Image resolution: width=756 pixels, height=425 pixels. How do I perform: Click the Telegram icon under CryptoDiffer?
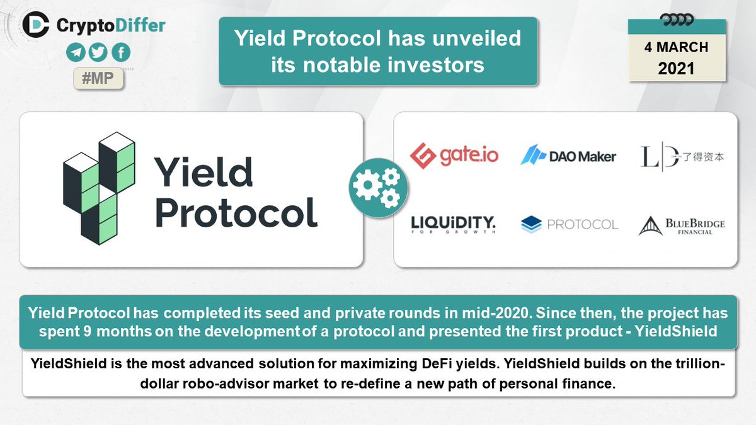pos(76,53)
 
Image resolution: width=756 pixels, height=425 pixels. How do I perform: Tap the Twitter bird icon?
pos(98,53)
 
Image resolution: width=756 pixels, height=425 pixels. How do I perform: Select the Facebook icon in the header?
pos(120,53)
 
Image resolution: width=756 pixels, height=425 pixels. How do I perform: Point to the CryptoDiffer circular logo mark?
pos(36,25)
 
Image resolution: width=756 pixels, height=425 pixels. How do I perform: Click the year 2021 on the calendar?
pos(676,68)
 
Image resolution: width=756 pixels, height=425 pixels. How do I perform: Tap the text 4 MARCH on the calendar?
pos(676,47)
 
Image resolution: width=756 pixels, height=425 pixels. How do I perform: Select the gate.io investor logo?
pos(454,155)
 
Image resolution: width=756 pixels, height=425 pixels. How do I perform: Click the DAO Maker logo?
pos(568,156)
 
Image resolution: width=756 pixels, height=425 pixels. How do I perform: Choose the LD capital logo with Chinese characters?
pos(682,156)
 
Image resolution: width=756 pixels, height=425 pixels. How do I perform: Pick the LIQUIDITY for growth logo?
pos(454,224)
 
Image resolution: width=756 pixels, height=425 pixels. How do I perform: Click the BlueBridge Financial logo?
pos(682,225)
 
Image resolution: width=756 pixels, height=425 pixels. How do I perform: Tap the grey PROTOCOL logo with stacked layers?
pos(570,224)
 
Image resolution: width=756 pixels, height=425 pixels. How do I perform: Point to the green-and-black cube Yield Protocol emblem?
pos(99,188)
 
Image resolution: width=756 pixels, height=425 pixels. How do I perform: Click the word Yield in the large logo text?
pos(203,172)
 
